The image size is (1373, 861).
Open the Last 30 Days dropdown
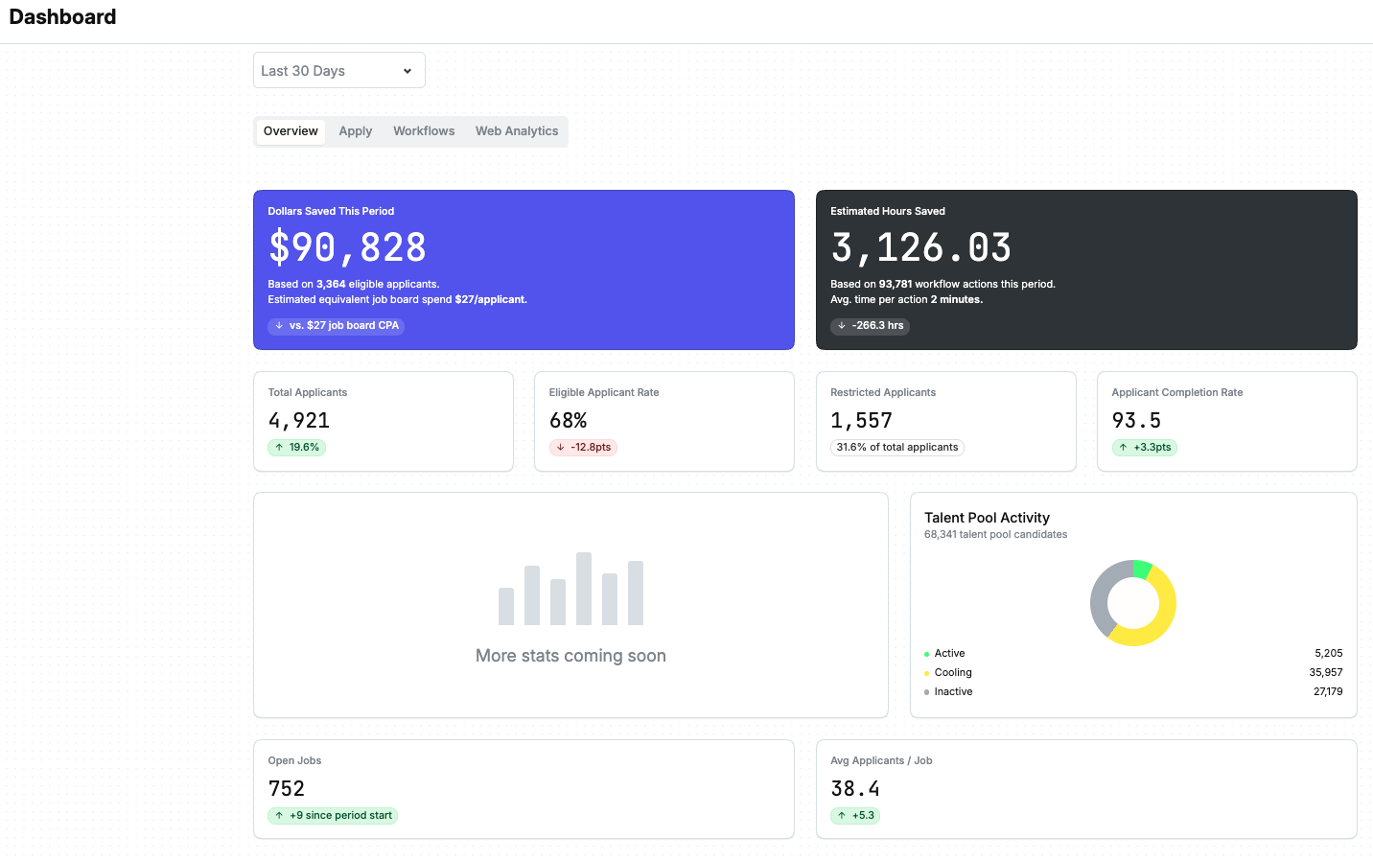(x=339, y=71)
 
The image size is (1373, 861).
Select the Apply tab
(x=356, y=131)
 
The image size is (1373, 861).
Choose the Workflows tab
(x=424, y=131)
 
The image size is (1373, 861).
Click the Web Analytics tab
(x=517, y=131)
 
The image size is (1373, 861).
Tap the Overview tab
(x=291, y=131)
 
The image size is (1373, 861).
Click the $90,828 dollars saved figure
(x=347, y=247)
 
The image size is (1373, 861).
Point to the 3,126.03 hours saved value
(x=920, y=247)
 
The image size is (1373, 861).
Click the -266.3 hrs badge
(x=870, y=325)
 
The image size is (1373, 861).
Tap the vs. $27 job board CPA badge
(x=336, y=325)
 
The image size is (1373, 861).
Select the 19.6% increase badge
(x=296, y=448)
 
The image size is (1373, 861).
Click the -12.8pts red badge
(x=583, y=448)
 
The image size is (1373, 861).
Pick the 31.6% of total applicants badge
(x=897, y=448)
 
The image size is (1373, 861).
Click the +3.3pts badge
(x=1145, y=448)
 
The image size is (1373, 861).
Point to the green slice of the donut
(x=1142, y=569)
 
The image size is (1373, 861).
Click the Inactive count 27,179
(x=1328, y=691)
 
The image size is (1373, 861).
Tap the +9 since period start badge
(x=333, y=816)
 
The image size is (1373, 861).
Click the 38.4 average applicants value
(x=855, y=789)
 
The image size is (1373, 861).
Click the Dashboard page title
(x=62, y=16)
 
